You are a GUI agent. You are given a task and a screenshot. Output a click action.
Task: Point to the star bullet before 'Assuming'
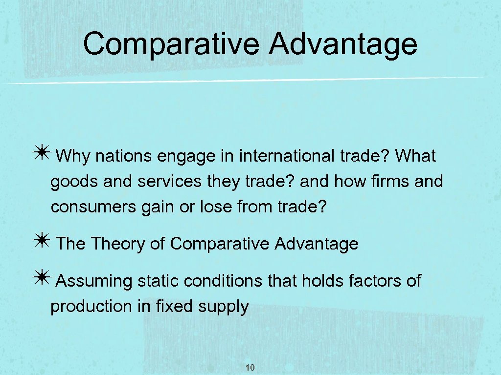coord(43,279)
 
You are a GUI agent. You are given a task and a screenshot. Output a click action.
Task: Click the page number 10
coord(250,368)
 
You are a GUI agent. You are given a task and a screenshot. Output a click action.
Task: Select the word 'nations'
coord(124,157)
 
